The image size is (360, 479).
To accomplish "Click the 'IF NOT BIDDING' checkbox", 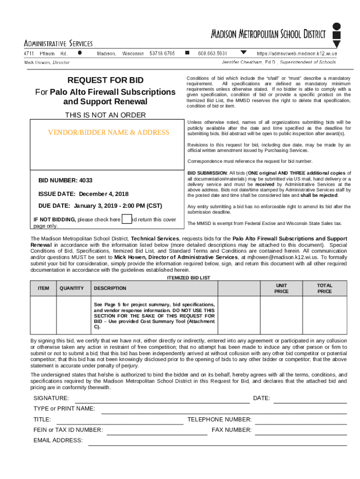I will [x=126, y=219].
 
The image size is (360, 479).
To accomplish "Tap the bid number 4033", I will [x=86, y=180].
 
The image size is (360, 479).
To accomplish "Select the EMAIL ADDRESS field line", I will [x=217, y=445].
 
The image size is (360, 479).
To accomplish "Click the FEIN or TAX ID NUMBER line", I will [x=157, y=434].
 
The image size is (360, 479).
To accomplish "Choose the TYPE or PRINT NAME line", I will [x=224, y=413].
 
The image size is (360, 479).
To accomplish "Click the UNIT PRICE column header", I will [x=281, y=288].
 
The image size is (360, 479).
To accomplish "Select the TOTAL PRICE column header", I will [x=324, y=288].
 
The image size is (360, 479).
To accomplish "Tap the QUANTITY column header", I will [x=72, y=288].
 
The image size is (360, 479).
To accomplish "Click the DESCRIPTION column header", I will [x=110, y=289].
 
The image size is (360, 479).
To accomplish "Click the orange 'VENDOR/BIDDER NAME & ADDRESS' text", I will [x=108, y=132].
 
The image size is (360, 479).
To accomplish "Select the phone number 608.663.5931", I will [x=213, y=53].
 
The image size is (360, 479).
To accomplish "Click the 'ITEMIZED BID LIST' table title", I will [x=188, y=277].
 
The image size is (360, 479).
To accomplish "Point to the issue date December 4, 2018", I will [x=110, y=194].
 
